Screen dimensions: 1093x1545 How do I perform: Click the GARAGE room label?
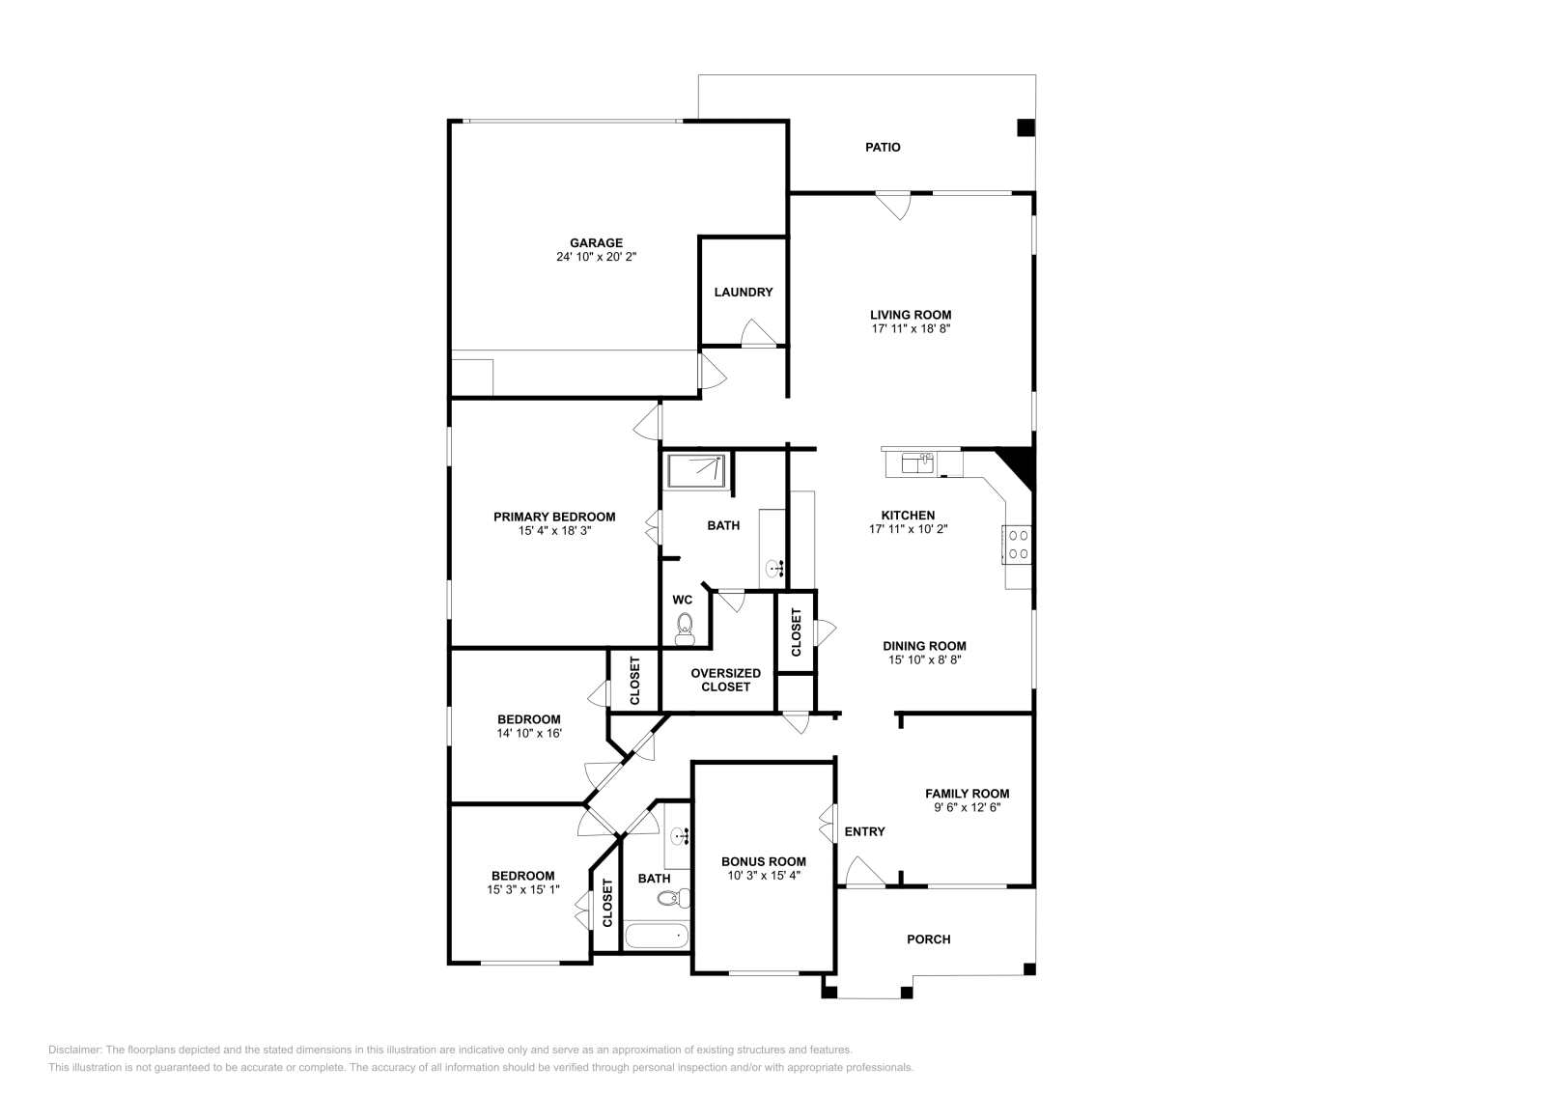tap(596, 243)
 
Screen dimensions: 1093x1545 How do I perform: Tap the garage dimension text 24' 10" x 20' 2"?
tap(596, 258)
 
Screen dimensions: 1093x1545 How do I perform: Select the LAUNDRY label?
tap(743, 293)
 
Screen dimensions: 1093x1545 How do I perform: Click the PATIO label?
tap(883, 148)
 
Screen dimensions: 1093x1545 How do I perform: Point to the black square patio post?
tap(1025, 127)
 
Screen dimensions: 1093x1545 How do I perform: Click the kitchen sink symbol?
tap(916, 463)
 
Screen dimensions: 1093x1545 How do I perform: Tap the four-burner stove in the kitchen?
tap(1018, 543)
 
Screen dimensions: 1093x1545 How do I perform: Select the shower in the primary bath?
tap(696, 471)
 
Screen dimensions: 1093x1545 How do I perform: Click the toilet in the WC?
tap(685, 628)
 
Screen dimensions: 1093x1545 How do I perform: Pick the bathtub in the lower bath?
tap(657, 936)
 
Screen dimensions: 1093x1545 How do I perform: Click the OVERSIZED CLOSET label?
tap(725, 680)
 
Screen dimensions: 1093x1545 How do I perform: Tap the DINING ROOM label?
tap(924, 647)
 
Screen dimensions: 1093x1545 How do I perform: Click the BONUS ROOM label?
tap(763, 862)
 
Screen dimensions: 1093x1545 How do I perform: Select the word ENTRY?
tap(864, 832)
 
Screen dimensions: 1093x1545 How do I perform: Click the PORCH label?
tap(928, 939)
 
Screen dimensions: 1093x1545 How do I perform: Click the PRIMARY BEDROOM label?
tap(554, 517)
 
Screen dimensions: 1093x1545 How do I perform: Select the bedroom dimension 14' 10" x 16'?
tap(529, 734)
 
